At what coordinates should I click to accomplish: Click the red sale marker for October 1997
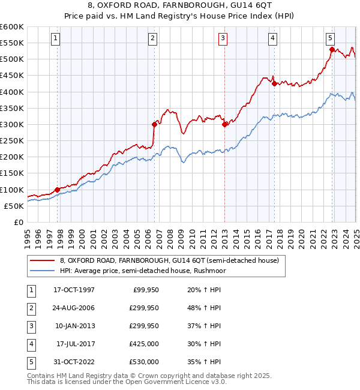click(58, 190)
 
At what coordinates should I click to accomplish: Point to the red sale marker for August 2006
click(154, 124)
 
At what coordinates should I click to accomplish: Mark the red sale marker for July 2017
click(274, 84)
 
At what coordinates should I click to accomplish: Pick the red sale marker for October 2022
click(332, 50)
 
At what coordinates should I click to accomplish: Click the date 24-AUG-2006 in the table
click(73, 308)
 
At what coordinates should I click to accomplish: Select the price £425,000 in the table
click(143, 344)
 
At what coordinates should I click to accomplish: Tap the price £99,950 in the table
click(145, 290)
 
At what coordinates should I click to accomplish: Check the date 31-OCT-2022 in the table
click(73, 362)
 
